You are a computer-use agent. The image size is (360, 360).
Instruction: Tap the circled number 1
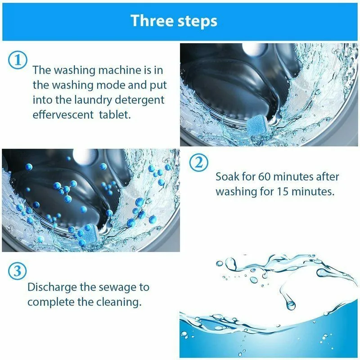(x=18, y=61)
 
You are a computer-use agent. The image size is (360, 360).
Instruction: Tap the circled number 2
(x=199, y=163)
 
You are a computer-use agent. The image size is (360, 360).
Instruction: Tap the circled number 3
(x=18, y=271)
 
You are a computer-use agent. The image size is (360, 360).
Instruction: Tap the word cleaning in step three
(x=118, y=301)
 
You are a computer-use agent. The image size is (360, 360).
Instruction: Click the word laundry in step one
(x=110, y=99)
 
